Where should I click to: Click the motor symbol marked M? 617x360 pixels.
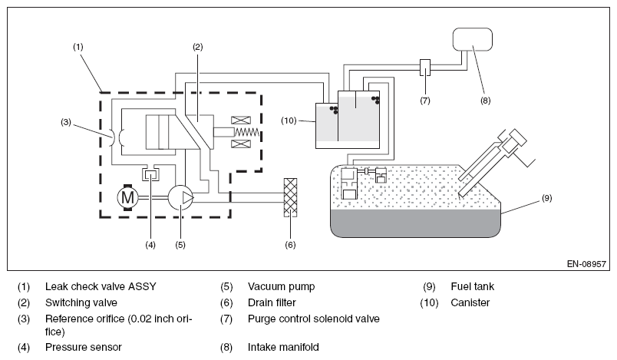(127, 197)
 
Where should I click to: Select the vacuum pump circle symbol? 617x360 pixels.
(181, 197)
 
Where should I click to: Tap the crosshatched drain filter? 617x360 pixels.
(290, 197)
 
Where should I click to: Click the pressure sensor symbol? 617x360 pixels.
(150, 173)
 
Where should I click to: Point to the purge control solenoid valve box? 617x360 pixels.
(425, 68)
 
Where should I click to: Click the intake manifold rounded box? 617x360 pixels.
(472, 39)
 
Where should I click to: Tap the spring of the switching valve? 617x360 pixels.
(246, 132)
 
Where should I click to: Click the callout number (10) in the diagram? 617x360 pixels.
(289, 121)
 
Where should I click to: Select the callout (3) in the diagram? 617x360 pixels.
(66, 122)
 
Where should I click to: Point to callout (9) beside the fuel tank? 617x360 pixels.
(547, 198)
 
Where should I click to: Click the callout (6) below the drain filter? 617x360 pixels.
(290, 245)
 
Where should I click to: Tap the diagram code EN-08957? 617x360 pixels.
(586, 263)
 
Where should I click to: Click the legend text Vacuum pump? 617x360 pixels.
(282, 286)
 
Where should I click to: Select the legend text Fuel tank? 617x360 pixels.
(472, 286)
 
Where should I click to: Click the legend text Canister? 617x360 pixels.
(470, 302)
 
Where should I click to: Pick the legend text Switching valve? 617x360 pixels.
(81, 302)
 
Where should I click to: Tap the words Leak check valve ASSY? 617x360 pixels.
(101, 286)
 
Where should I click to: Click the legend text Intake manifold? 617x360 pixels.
(283, 347)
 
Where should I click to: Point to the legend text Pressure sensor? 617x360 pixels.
(84, 347)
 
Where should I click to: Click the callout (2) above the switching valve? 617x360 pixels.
(197, 47)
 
